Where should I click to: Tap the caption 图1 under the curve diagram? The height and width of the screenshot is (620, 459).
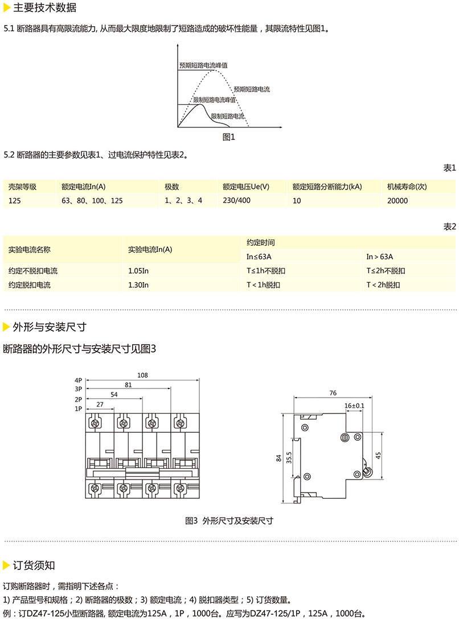(228, 137)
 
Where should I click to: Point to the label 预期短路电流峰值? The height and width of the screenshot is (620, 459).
(203, 65)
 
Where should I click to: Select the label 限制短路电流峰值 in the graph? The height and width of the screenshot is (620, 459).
(215, 100)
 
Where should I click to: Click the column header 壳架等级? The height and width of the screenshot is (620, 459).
(22, 187)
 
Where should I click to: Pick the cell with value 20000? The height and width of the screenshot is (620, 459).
(397, 201)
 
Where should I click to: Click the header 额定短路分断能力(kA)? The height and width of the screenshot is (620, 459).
(327, 187)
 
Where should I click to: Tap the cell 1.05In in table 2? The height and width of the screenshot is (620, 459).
(139, 271)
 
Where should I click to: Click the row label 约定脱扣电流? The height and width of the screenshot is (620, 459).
(30, 285)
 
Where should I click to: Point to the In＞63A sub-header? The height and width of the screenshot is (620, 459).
(379, 257)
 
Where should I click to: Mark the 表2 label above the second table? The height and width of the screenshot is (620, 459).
(449, 226)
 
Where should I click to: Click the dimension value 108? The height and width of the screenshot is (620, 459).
(142, 375)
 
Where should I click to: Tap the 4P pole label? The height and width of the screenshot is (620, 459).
(78, 380)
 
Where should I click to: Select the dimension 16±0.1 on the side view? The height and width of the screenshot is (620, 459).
(354, 405)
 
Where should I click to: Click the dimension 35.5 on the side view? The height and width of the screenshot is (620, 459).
(289, 457)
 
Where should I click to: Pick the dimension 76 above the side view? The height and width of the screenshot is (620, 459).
(333, 392)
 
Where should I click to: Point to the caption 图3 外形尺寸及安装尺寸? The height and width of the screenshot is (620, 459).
(229, 520)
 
